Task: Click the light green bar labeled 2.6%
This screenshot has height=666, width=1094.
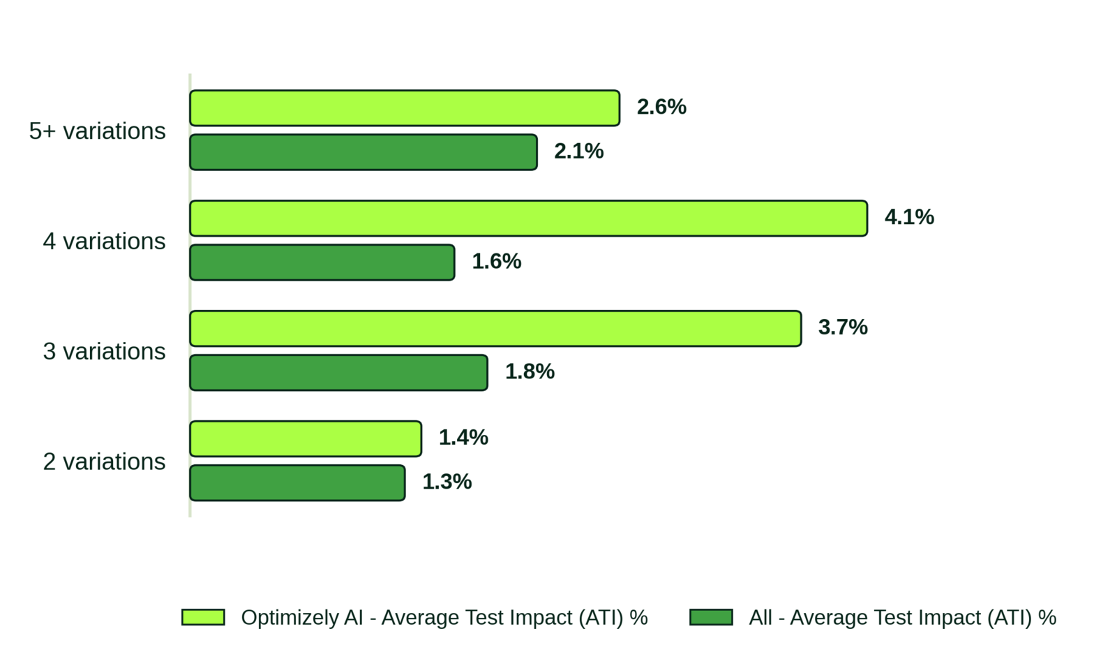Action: point(405,108)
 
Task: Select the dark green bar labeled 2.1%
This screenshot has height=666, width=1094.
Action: point(364,152)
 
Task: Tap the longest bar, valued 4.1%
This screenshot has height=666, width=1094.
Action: point(528,219)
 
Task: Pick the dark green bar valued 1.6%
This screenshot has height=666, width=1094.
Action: point(322,262)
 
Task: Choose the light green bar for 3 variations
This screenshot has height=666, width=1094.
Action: point(495,328)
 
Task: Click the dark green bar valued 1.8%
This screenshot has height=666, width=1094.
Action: point(339,373)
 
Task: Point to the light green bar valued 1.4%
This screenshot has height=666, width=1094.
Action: point(306,439)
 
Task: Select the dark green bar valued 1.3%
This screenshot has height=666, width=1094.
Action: point(297,483)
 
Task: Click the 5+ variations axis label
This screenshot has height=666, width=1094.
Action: point(97,131)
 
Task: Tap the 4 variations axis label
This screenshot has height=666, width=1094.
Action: point(104,241)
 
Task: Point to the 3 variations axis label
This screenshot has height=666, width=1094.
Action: point(104,351)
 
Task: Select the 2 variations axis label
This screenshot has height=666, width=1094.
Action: point(104,461)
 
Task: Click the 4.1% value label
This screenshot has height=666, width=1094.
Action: point(909,217)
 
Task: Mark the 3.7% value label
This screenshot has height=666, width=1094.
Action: point(843,327)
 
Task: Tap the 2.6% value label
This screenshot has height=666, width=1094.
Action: point(661,107)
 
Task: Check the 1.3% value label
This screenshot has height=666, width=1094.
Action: point(447,481)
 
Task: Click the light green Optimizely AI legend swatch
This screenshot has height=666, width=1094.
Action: point(203,617)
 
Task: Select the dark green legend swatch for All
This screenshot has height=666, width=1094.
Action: point(711,617)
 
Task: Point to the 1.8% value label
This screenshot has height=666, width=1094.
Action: point(530,371)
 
